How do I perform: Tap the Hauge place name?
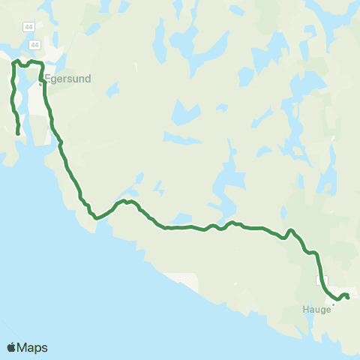317,309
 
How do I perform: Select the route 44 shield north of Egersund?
29,47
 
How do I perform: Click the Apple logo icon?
11,347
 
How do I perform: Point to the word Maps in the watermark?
33,347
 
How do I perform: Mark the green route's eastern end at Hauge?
348,298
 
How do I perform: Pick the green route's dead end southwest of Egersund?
18,134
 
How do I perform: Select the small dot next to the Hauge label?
333,304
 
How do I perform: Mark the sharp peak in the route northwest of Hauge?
290,230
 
